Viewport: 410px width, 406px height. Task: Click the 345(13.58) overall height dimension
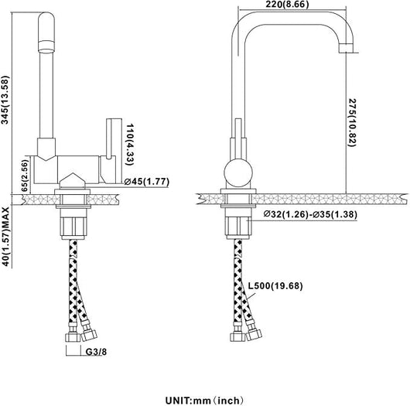5,100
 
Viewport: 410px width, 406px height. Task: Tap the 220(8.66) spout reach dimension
287,4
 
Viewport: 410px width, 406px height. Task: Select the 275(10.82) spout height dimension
352,123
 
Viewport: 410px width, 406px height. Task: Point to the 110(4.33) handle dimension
130,145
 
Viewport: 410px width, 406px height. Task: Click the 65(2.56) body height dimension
24,176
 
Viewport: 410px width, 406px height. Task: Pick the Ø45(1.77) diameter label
147,182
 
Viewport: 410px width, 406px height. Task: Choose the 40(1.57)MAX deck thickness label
5,237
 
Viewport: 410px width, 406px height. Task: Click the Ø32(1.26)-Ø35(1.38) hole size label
310,214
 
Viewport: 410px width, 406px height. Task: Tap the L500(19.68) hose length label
275,285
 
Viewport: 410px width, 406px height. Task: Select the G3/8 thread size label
96,352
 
